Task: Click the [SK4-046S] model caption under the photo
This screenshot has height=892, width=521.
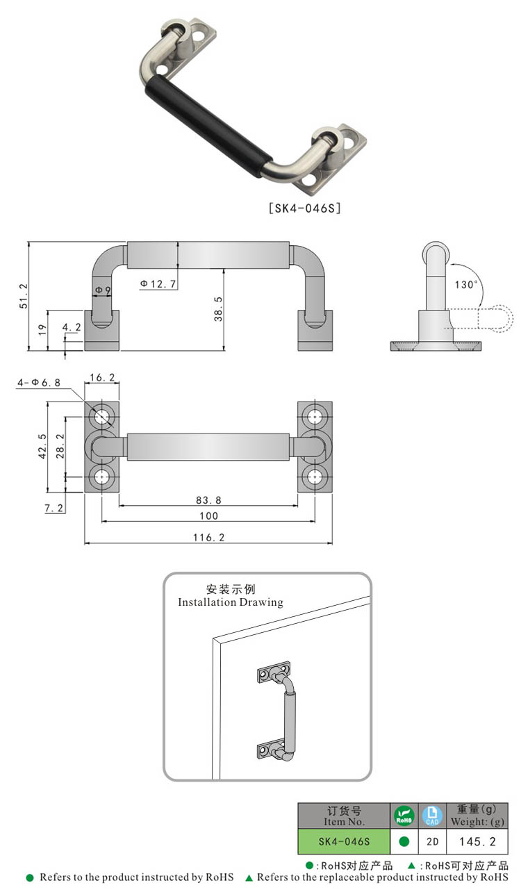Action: [x=304, y=207]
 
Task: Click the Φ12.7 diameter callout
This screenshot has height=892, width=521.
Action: [x=158, y=283]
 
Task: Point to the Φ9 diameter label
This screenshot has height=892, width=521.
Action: [x=103, y=289]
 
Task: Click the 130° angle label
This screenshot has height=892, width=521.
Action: [x=467, y=284]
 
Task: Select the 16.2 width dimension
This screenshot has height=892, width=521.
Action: [x=101, y=377]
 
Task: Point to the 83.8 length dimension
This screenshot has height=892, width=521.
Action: [x=208, y=499]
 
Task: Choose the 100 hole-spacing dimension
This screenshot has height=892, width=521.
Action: [x=208, y=515]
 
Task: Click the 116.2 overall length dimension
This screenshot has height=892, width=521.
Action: [x=208, y=537]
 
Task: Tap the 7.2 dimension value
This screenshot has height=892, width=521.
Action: [x=54, y=508]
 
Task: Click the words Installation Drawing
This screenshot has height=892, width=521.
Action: [x=231, y=602]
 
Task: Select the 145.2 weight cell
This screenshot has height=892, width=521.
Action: [x=477, y=841]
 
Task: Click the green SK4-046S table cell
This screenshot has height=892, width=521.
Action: [x=344, y=841]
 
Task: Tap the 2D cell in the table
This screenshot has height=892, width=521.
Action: [x=432, y=841]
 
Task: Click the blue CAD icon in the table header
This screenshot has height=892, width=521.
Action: [x=432, y=816]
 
